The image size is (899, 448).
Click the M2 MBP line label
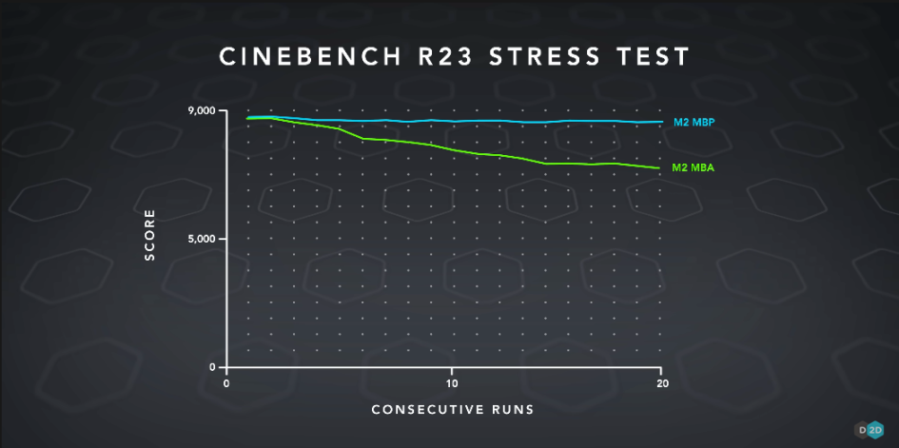[693, 122]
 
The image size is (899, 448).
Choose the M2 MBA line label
[693, 168]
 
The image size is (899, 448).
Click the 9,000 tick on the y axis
[202, 111]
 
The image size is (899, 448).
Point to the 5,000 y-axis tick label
[202, 239]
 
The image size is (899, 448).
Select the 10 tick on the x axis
[452, 383]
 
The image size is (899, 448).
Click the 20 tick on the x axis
[660, 383]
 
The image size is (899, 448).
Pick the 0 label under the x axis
[226, 383]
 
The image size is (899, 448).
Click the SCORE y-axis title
[149, 239]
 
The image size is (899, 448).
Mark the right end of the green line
[659, 168]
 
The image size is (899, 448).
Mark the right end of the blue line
[659, 122]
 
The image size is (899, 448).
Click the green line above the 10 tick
[452, 149]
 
